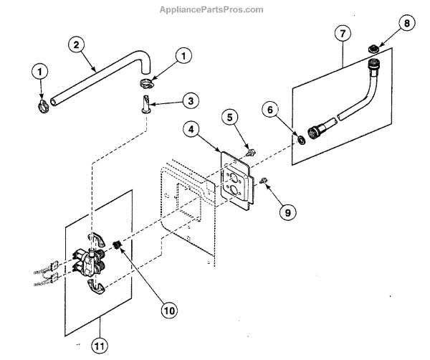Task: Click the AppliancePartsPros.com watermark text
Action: click(x=214, y=9)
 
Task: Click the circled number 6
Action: click(x=269, y=110)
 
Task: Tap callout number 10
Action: click(x=169, y=311)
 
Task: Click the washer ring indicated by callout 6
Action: click(x=302, y=139)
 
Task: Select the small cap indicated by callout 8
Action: click(x=373, y=49)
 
